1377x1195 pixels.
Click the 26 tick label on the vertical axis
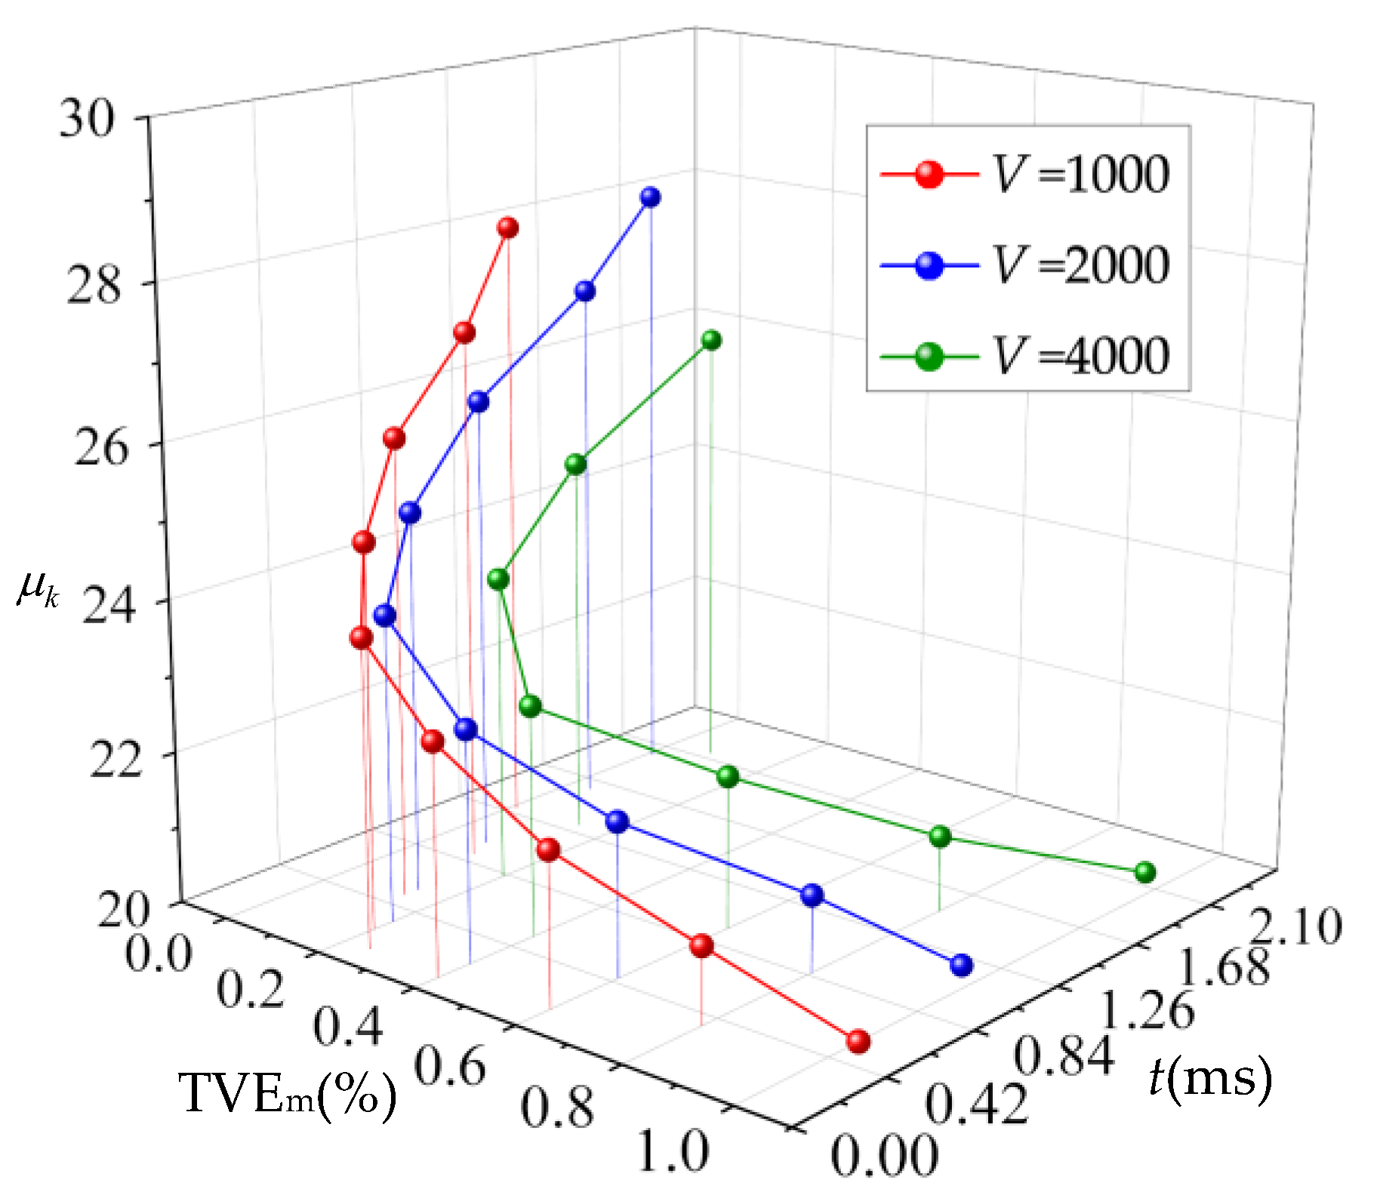pos(100,447)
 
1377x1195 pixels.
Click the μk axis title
pos(38,589)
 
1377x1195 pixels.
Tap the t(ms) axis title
pos(1210,1077)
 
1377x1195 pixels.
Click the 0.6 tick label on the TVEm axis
pos(451,1067)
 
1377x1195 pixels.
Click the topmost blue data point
pos(650,197)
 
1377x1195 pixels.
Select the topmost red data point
pos(508,227)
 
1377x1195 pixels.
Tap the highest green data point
pos(711,340)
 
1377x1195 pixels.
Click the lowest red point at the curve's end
pos(858,1042)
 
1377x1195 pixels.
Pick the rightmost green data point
pos(1145,873)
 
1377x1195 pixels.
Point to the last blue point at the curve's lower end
pos(961,965)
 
